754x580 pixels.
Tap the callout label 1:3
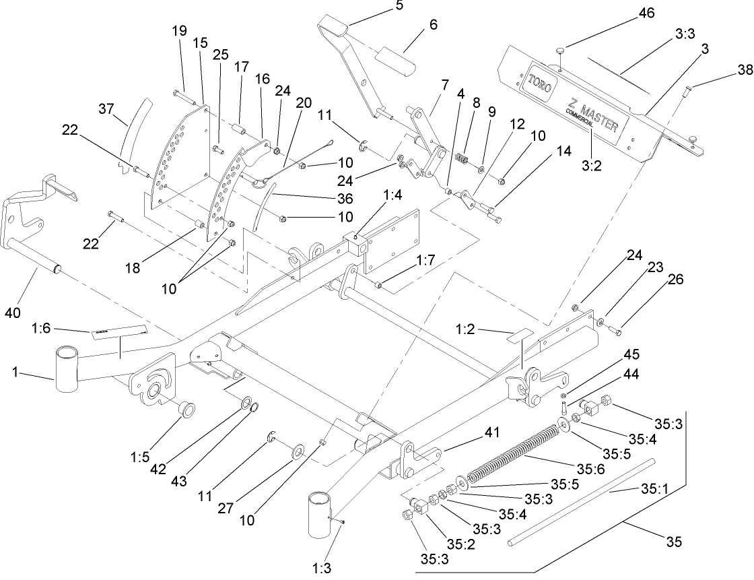322,567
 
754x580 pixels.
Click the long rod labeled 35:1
579,498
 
